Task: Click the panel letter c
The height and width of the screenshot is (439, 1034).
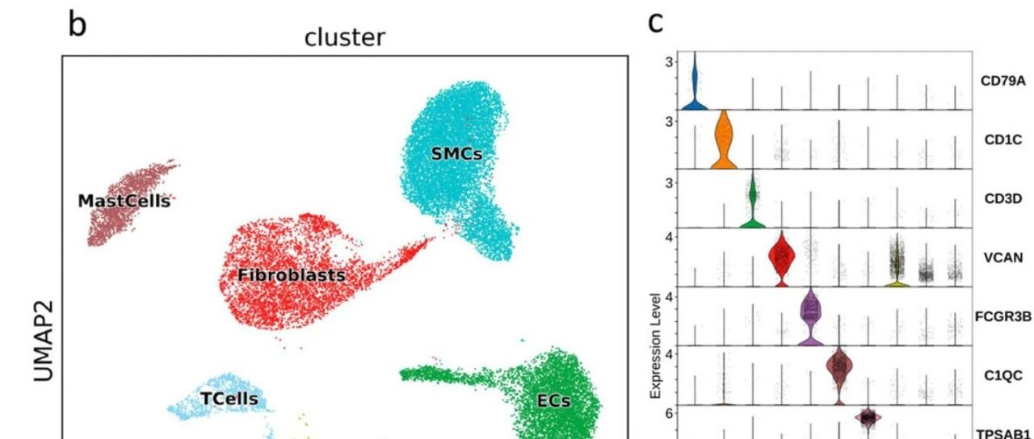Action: pyautogui.click(x=656, y=23)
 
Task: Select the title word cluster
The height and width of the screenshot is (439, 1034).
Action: pyautogui.click(x=344, y=37)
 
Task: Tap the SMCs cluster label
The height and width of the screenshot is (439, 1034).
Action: pyautogui.click(x=456, y=153)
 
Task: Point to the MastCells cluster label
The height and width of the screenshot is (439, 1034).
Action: pyautogui.click(x=124, y=201)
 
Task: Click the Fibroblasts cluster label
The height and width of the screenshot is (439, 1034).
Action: pyautogui.click(x=292, y=275)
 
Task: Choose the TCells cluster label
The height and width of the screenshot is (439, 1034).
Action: pyautogui.click(x=229, y=399)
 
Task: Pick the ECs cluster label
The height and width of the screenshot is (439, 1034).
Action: pyautogui.click(x=554, y=401)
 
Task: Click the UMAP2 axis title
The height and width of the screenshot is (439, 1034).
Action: pyautogui.click(x=44, y=341)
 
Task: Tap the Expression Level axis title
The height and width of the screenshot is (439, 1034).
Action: pyautogui.click(x=655, y=346)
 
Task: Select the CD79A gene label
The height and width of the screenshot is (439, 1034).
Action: pyautogui.click(x=1003, y=82)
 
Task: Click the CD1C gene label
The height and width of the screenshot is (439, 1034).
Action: pyautogui.click(x=1003, y=140)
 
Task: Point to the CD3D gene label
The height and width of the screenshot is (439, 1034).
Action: pyautogui.click(x=1003, y=199)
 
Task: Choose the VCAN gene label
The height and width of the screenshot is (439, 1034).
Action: pyautogui.click(x=1003, y=257)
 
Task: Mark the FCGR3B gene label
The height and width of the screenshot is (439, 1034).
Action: pyautogui.click(x=1003, y=316)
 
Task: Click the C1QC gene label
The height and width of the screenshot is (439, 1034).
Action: pyautogui.click(x=1003, y=375)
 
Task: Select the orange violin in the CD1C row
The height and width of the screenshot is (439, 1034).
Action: pyautogui.click(x=724, y=138)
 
